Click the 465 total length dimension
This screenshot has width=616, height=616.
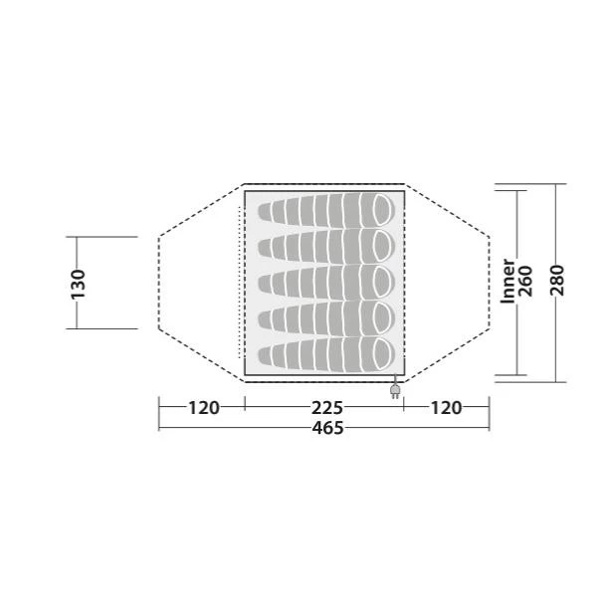coord(327,428)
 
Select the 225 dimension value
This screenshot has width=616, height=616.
coord(326,408)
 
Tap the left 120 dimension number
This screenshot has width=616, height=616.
coord(203,408)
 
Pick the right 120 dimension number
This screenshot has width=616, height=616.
coord(446,408)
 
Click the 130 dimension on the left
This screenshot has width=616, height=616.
coord(79,284)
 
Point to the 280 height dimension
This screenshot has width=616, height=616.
coord(557,280)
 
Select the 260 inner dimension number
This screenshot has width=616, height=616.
coord(524,281)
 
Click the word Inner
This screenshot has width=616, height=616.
coord(508,281)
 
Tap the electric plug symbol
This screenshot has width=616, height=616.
coord(395,390)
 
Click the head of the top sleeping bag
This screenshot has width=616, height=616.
coord(383,209)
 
